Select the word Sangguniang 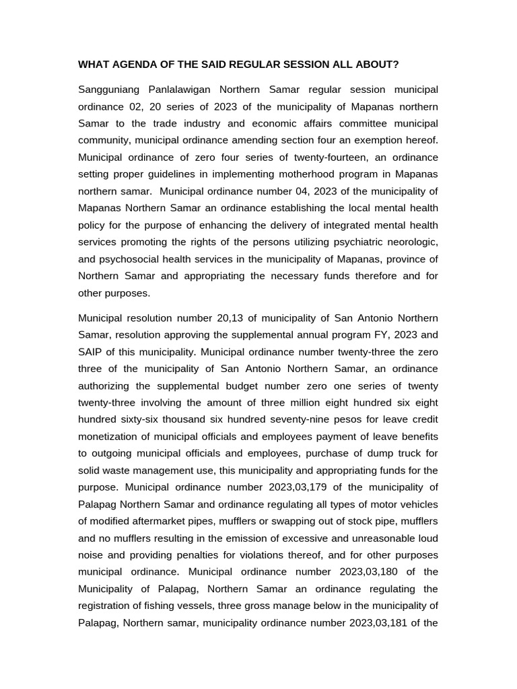click(x=110, y=89)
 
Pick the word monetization click(x=112, y=436)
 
